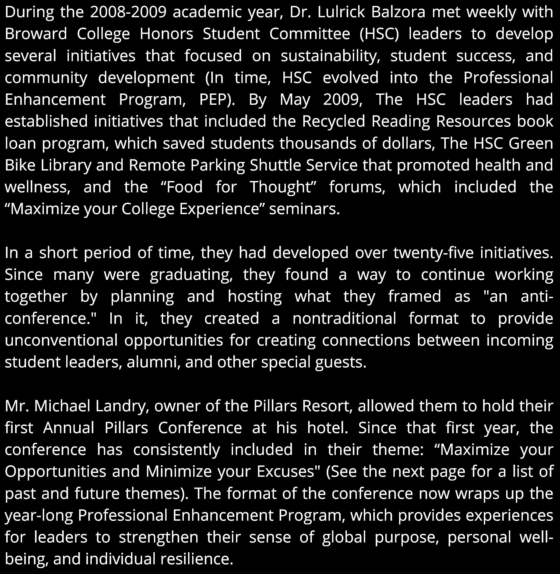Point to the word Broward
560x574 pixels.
coord(36,34)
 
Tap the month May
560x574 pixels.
coord(295,99)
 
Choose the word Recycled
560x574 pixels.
coord(333,121)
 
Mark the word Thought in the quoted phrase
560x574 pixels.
coord(279,187)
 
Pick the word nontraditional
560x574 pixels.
coord(344,318)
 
